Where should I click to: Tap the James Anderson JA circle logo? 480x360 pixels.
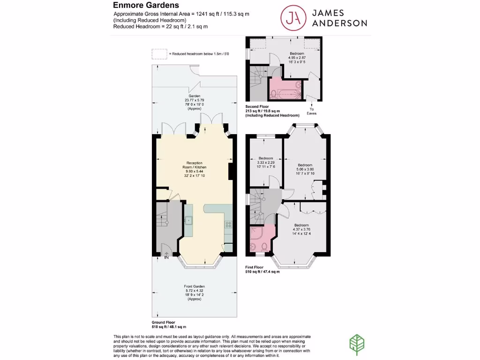tap(293, 17)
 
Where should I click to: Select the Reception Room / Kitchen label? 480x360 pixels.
tap(194, 170)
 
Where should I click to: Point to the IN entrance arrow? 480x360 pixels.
tap(165, 255)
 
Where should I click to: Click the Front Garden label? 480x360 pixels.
tap(194, 292)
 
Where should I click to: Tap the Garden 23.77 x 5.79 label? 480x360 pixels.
tap(194, 102)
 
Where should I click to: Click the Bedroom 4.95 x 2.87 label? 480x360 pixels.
tap(297, 58)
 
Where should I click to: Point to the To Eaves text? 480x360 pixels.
tap(312, 111)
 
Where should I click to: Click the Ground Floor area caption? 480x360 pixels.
tap(169, 324)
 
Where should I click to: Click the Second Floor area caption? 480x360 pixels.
tap(272, 111)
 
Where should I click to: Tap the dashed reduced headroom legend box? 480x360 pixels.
tap(159, 54)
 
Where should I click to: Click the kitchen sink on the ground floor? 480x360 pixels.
tap(190, 220)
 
